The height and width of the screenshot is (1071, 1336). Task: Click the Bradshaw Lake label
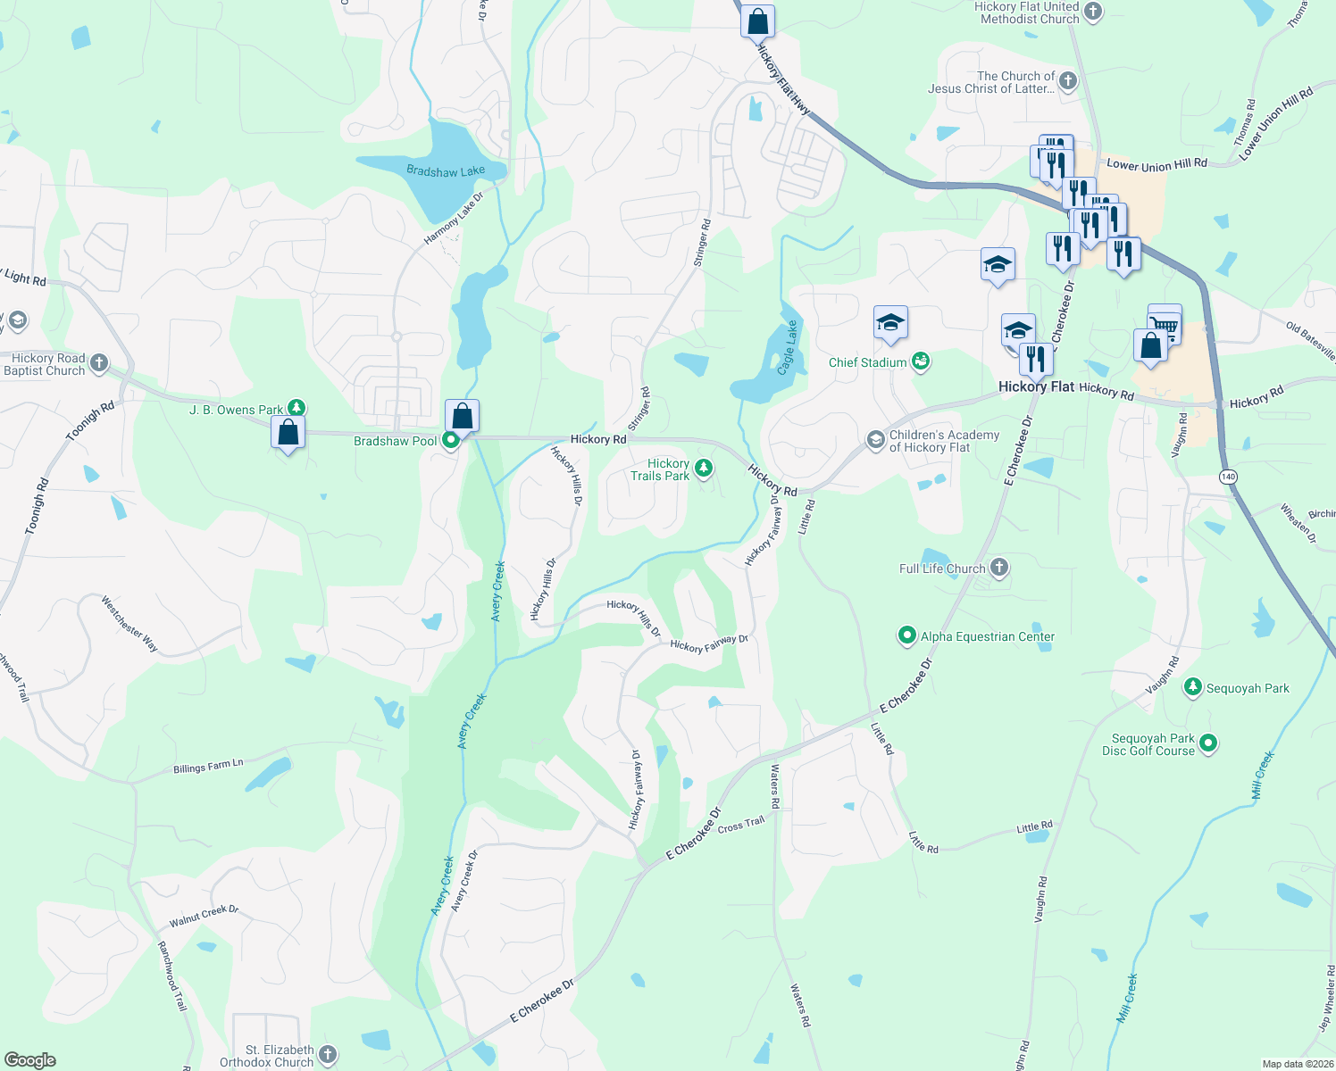pyautogui.click(x=446, y=170)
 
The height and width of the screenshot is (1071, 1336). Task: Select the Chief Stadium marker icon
pyautogui.click(x=921, y=361)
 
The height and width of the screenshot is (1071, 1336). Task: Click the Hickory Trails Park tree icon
pyautogui.click(x=704, y=467)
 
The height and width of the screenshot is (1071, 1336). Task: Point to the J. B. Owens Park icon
pyautogui.click(x=296, y=409)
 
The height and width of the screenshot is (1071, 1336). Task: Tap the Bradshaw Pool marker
pyautogui.click(x=451, y=440)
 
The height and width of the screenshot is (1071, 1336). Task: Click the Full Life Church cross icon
pyautogui.click(x=999, y=568)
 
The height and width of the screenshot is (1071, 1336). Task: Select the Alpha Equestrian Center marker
pyautogui.click(x=907, y=635)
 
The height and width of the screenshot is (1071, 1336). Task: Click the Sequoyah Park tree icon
pyautogui.click(x=1192, y=687)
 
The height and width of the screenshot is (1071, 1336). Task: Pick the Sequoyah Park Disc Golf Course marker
pyautogui.click(x=1208, y=743)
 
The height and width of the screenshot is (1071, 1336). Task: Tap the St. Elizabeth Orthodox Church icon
pyautogui.click(x=328, y=1055)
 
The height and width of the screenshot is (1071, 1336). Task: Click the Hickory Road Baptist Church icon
pyautogui.click(x=99, y=363)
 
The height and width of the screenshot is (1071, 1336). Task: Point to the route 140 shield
pyautogui.click(x=1228, y=477)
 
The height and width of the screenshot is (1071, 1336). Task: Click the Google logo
pyautogui.click(x=30, y=1059)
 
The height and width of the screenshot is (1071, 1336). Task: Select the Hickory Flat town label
pyautogui.click(x=1036, y=386)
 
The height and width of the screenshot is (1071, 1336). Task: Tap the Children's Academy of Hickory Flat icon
pyautogui.click(x=875, y=440)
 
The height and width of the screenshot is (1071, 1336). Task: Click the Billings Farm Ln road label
pyautogui.click(x=208, y=767)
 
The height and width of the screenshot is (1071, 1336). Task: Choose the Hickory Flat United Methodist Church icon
pyautogui.click(x=1093, y=12)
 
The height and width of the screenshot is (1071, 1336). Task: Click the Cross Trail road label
pyautogui.click(x=741, y=825)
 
